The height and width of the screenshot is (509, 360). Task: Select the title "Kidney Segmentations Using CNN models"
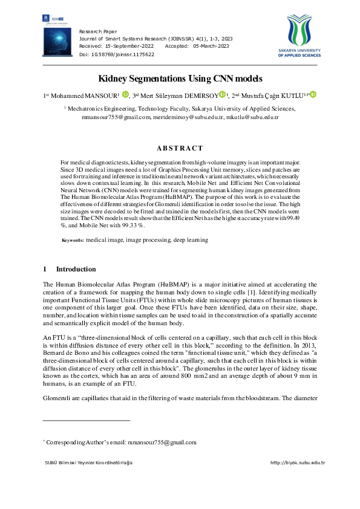pyautogui.click(x=180, y=79)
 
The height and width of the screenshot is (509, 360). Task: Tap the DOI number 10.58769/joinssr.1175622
pyautogui.click(x=121, y=54)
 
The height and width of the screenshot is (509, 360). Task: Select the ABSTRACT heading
pyautogui.click(x=180, y=148)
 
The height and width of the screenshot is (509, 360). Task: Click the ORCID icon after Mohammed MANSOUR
pyautogui.click(x=126, y=94)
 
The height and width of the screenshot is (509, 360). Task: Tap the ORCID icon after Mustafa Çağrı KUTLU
pyautogui.click(x=314, y=94)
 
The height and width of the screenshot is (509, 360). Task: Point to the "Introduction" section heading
pyautogui.click(x=76, y=269)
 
